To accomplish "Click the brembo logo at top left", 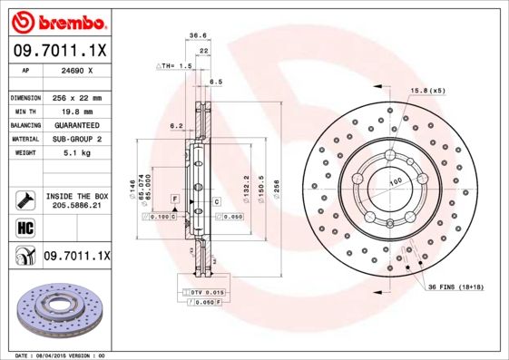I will click(x=56, y=21).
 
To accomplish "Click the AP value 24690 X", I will click(x=75, y=70).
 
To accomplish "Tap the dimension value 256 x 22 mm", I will click(x=75, y=97).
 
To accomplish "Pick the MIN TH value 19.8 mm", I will click(x=75, y=111).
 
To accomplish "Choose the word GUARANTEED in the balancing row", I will click(x=75, y=124).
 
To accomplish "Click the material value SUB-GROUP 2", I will click(x=75, y=139).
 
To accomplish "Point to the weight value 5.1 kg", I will click(x=75, y=153).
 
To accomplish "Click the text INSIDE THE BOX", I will click(x=77, y=196).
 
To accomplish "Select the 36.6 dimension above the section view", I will click(x=194, y=35).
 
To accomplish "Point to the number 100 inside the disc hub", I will click(x=396, y=182).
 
